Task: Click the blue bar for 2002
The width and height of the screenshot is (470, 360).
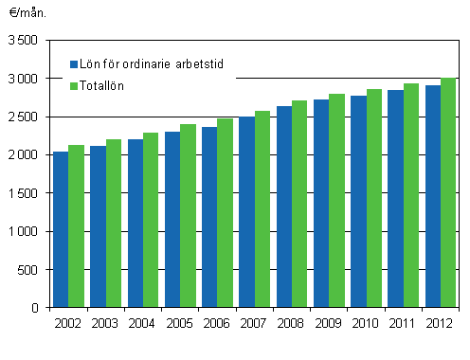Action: point(61,229)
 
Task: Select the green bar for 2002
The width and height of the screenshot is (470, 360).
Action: point(76,226)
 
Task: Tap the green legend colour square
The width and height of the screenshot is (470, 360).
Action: point(74,86)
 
